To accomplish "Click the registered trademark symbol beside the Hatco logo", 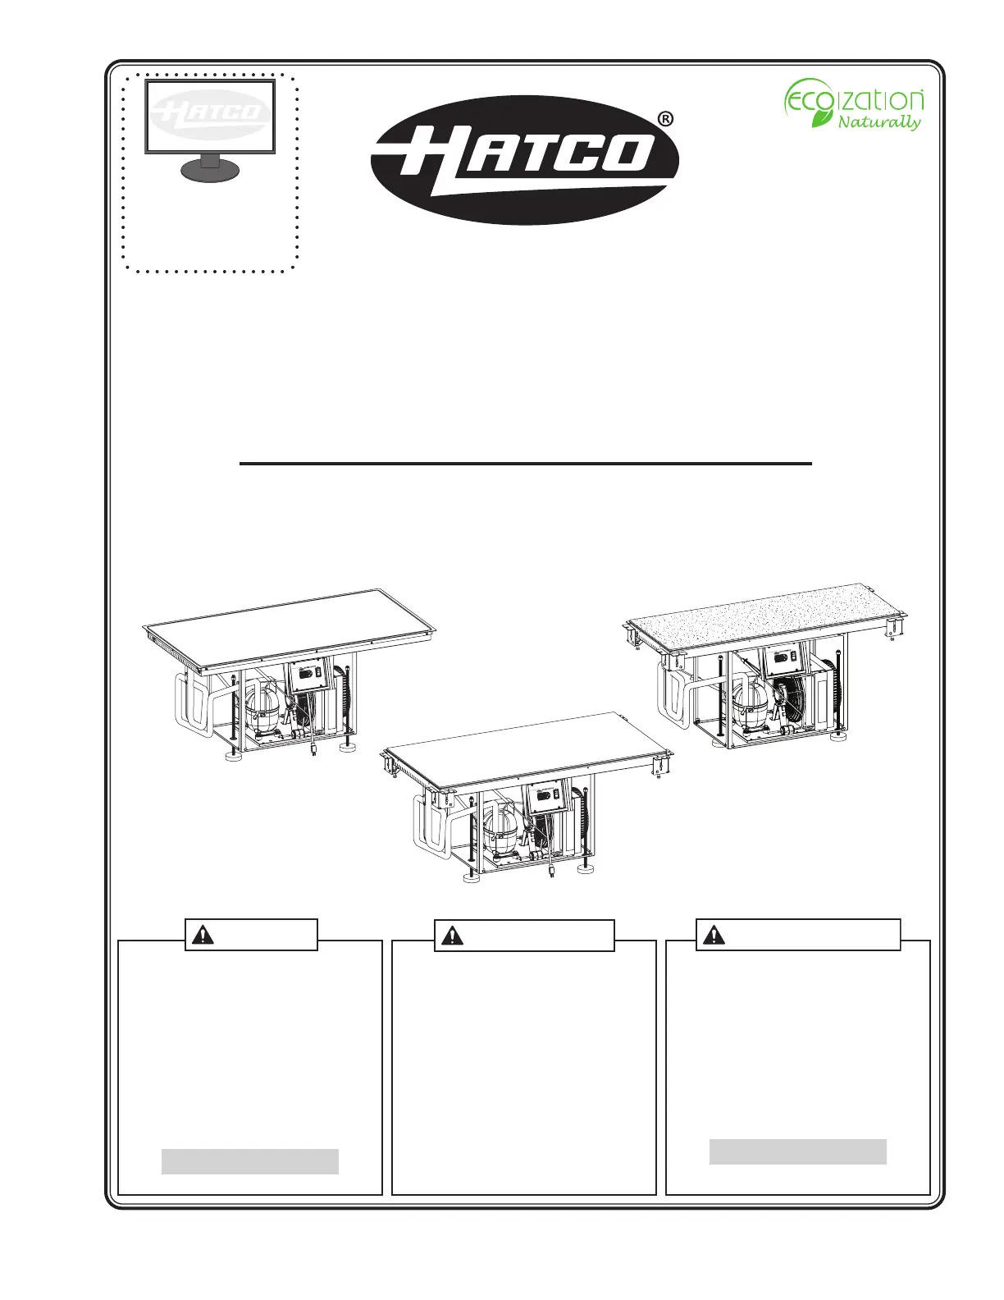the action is (665, 119).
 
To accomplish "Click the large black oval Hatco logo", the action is (524, 160).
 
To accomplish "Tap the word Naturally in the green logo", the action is (879, 122).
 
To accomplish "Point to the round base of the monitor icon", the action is (210, 171).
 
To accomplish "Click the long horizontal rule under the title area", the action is (525, 463).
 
